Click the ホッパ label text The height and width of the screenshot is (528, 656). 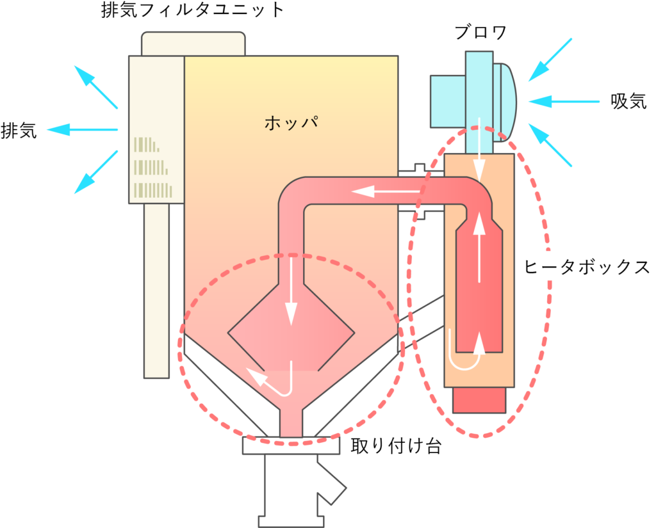(x=291, y=122)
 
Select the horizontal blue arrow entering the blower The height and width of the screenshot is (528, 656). (x=564, y=101)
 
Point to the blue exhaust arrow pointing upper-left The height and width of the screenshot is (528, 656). (x=95, y=86)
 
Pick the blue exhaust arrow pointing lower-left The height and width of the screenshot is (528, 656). (x=95, y=172)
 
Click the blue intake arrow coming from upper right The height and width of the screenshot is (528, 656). (x=550, y=60)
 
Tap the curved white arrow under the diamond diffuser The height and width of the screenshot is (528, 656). (x=272, y=380)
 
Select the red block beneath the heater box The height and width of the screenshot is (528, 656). (x=479, y=400)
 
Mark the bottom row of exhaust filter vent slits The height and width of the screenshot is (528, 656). (x=152, y=190)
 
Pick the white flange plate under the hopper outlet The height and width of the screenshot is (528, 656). (x=291, y=445)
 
